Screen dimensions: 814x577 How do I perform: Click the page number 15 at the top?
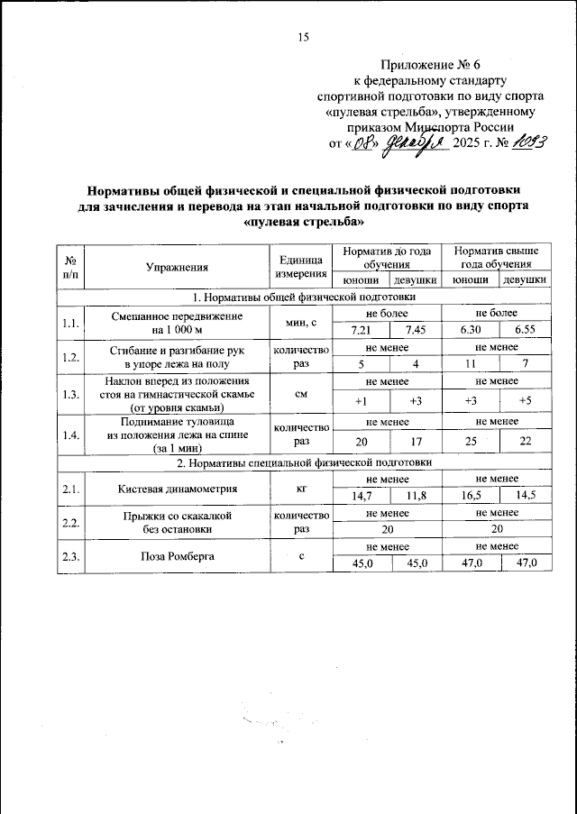coord(303,37)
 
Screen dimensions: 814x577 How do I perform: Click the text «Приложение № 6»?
coord(432,65)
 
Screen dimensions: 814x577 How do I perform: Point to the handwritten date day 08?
coord(362,143)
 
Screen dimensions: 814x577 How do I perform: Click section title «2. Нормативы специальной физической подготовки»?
coord(305,462)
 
